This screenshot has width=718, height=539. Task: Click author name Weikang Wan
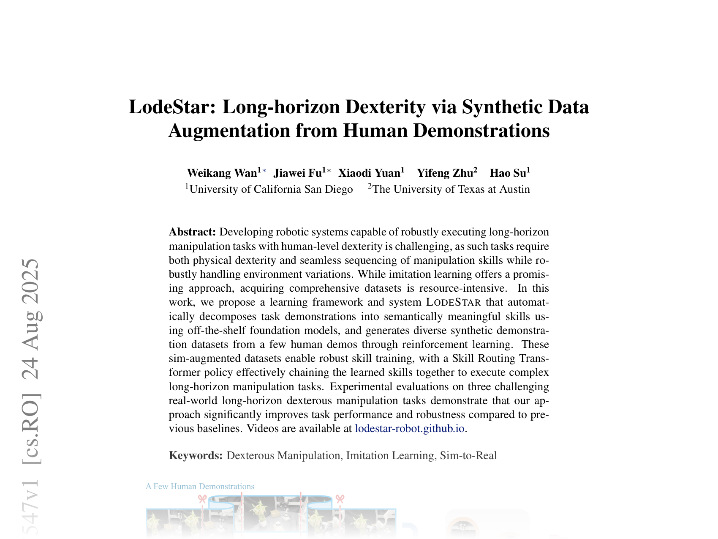(x=222, y=173)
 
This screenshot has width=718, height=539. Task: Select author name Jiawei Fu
(x=298, y=173)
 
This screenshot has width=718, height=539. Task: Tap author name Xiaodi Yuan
(x=369, y=173)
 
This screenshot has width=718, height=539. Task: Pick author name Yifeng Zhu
(x=445, y=173)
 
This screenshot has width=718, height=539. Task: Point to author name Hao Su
(x=508, y=173)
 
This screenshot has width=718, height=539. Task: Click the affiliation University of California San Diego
(x=271, y=189)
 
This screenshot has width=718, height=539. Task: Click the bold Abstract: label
(x=192, y=232)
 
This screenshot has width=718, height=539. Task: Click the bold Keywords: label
(x=196, y=455)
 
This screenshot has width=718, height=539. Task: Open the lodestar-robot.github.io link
(x=410, y=428)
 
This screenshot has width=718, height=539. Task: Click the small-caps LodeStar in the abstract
(x=453, y=302)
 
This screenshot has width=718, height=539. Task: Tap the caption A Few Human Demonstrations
(x=200, y=487)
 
